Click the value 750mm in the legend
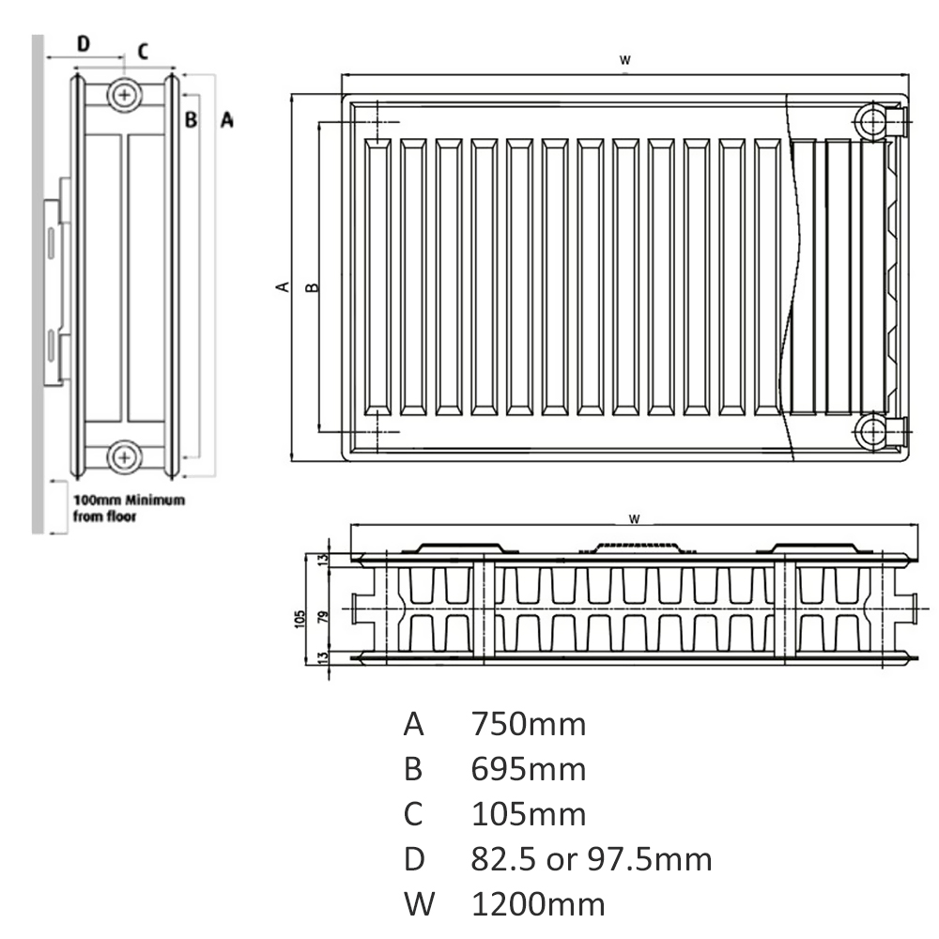coord(528,724)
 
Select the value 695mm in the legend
coord(528,769)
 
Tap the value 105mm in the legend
coord(528,814)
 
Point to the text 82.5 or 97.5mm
coord(591,859)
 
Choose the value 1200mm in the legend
coord(538,903)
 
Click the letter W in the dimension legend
coord(419,903)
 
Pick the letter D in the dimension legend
coord(414,859)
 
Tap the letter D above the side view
coord(84,43)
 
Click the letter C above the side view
coord(143,51)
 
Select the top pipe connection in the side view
coord(124,95)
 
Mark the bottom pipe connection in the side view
coord(124,457)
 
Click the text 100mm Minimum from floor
coord(129,508)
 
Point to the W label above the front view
coord(624,60)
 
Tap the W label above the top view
coord(634,518)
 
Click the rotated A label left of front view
coord(283,286)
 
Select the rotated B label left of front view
coord(312,287)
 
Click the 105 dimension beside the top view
coord(300,619)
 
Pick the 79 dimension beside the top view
coord(323,618)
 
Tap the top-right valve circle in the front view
coord(872,122)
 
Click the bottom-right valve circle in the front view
coord(872,431)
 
